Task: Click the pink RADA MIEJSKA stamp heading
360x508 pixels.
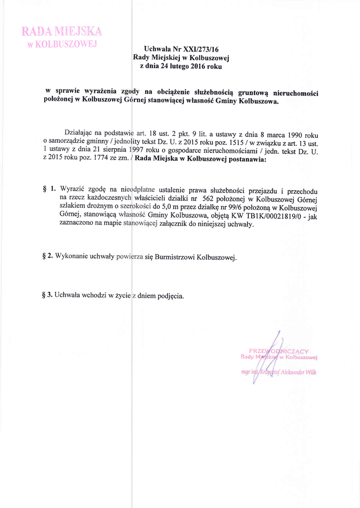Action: coord(62,32)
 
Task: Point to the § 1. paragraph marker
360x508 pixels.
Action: coord(49,189)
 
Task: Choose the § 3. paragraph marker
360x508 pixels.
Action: coord(48,296)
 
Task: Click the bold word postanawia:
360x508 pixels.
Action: coord(244,160)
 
